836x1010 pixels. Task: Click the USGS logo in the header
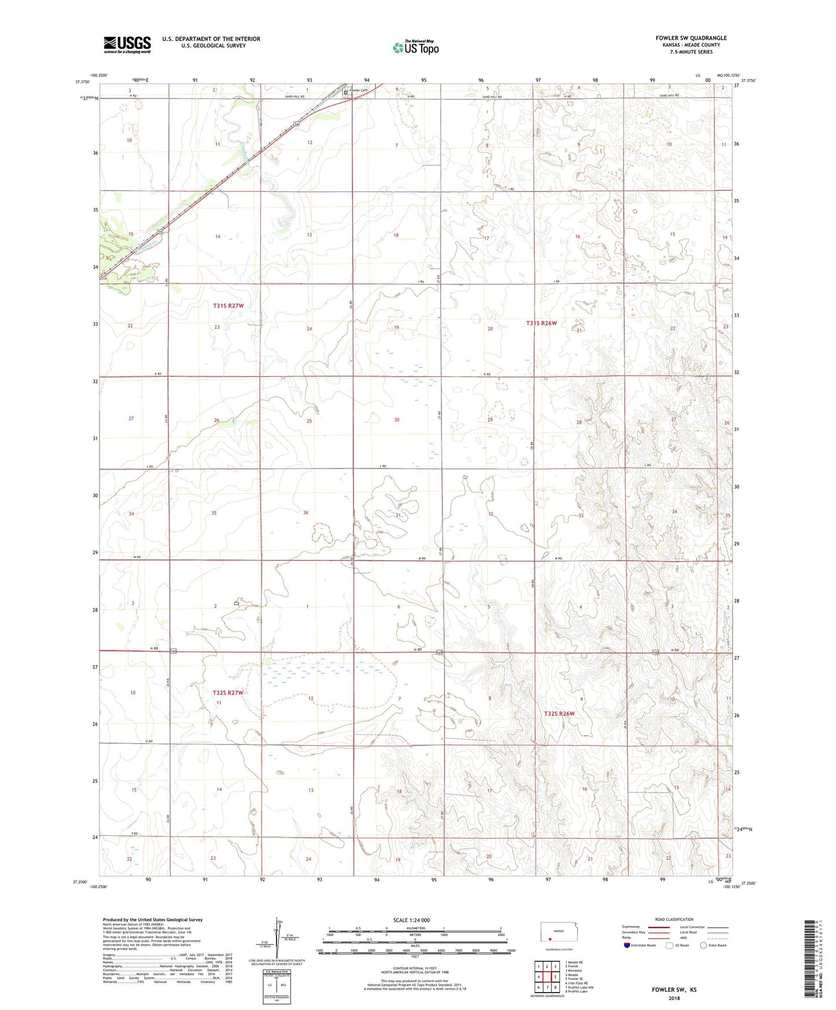127,45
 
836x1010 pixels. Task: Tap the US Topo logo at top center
415,47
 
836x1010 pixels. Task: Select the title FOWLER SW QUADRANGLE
691,38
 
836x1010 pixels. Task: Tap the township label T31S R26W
541,323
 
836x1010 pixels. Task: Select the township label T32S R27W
227,692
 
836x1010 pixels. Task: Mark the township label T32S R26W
559,714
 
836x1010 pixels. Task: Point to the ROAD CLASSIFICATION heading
674,919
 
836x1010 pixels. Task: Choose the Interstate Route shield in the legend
628,945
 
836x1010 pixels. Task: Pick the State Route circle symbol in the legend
704,945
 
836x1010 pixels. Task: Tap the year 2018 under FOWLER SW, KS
673,998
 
